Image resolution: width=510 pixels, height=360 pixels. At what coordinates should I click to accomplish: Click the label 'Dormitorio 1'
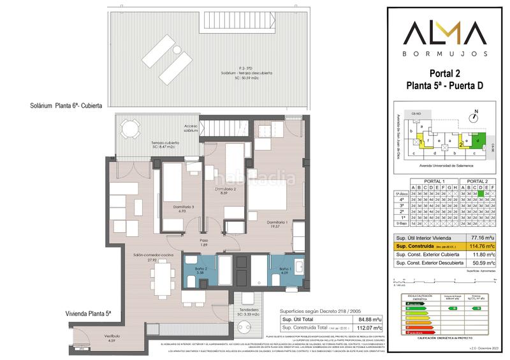tap(278, 222)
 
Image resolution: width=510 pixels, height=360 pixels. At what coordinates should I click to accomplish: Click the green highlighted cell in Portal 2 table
tap(481, 193)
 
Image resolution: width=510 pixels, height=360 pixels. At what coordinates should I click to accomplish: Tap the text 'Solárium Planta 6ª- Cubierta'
tap(69, 106)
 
